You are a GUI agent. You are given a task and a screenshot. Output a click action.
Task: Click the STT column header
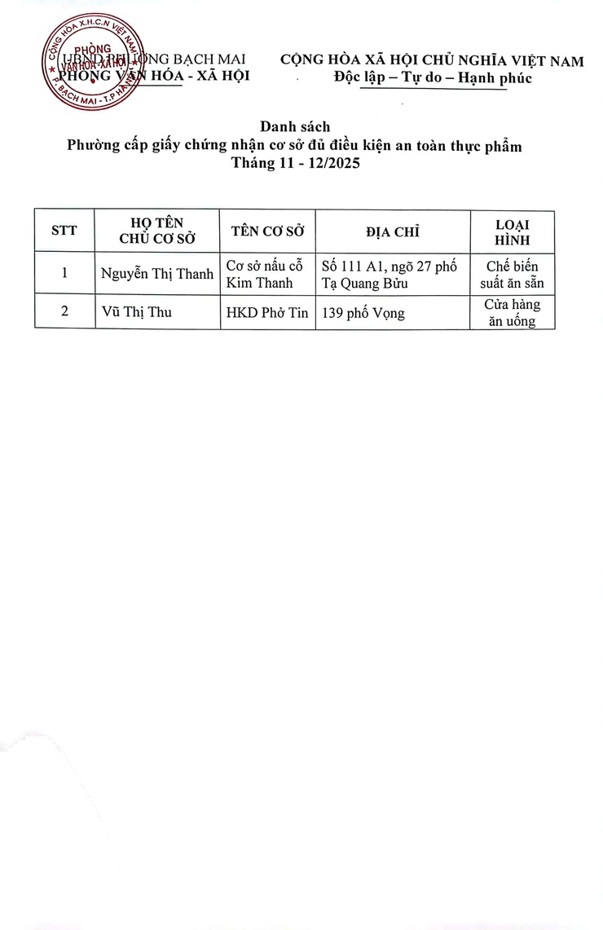pos(64,231)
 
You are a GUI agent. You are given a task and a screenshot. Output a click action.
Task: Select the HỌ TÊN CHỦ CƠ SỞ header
pos(157,231)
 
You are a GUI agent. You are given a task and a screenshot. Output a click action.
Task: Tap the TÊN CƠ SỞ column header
pos(267,231)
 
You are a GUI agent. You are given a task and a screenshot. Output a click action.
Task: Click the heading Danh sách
pos(294,127)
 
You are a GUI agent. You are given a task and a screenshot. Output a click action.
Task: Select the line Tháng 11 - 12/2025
pos(294,163)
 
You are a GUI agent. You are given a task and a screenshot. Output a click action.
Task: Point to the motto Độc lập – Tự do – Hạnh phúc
pos(433,78)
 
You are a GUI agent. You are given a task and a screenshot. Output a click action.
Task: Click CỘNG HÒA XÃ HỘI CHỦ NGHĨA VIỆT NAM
pos(433,61)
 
